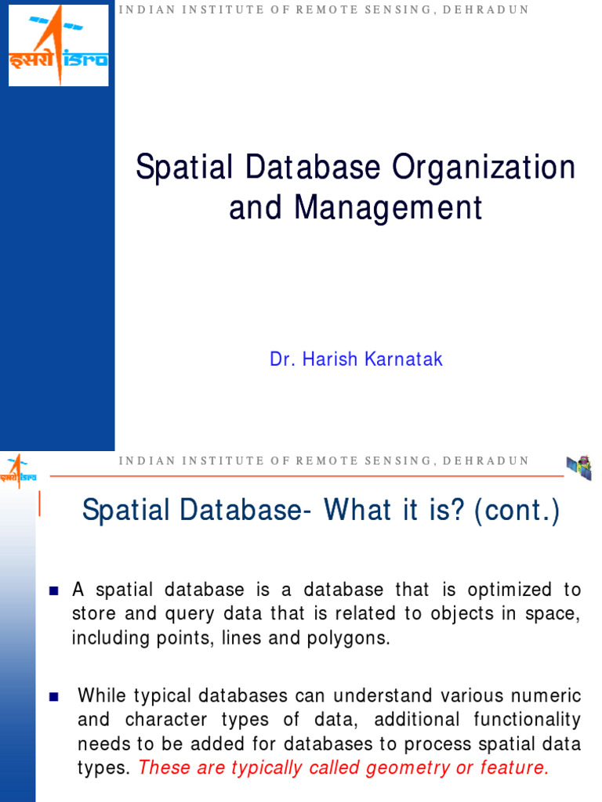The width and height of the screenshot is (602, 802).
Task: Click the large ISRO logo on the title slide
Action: click(58, 45)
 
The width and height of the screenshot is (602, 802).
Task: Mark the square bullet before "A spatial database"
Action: click(54, 590)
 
